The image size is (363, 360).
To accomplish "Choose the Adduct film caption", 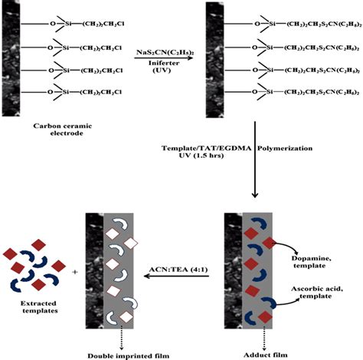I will (x=247, y=353).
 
